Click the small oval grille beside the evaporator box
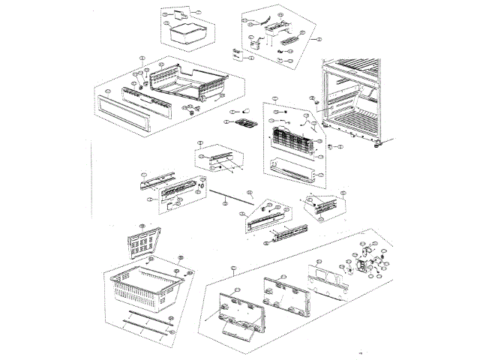[x=241, y=123]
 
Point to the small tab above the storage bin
[x=179, y=14]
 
